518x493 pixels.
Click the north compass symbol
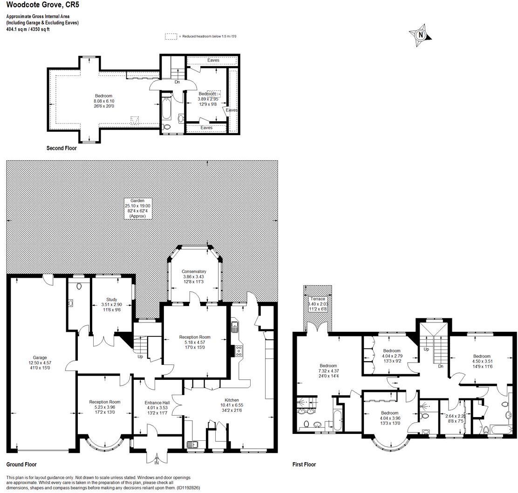click(x=420, y=34)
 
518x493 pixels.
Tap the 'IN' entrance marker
click(x=157, y=462)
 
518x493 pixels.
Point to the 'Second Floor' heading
click(x=61, y=149)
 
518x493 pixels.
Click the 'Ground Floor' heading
click(x=21, y=465)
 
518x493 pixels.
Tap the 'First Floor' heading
click(x=305, y=465)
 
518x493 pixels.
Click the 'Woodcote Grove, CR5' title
click(x=40, y=7)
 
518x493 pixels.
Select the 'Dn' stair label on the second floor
click(x=177, y=82)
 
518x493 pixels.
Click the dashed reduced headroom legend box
click(x=171, y=36)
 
